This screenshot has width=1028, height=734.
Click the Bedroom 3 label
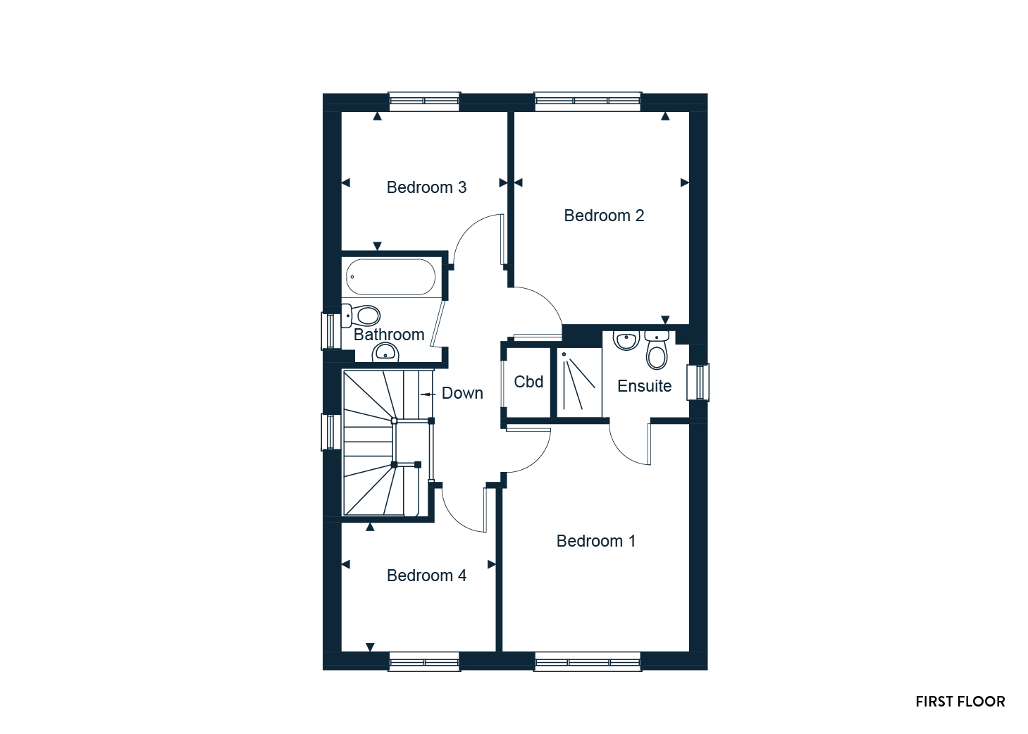pyautogui.click(x=426, y=187)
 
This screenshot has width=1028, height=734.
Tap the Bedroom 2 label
pyautogui.click(x=604, y=216)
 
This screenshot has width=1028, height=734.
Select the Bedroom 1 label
pyautogui.click(x=596, y=541)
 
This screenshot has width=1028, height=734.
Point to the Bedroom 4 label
pyautogui.click(x=426, y=576)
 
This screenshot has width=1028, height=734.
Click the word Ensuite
pyautogui.click(x=644, y=386)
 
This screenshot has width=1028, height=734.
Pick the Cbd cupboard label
pyautogui.click(x=528, y=382)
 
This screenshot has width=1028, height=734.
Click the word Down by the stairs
pyautogui.click(x=462, y=393)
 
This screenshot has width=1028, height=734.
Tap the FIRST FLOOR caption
pyautogui.click(x=960, y=702)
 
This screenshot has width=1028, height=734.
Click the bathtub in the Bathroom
pyautogui.click(x=390, y=277)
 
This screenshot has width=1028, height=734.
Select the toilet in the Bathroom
pyautogui.click(x=361, y=316)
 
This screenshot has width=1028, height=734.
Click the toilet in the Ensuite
pyautogui.click(x=657, y=350)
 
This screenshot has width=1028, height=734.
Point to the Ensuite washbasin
pyautogui.click(x=626, y=340)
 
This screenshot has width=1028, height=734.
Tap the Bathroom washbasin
pyautogui.click(x=385, y=353)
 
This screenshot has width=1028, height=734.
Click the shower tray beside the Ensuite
pyautogui.click(x=579, y=382)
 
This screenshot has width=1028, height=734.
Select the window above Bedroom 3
pyautogui.click(x=424, y=101)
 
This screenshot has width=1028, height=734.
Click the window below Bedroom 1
pyautogui.click(x=588, y=662)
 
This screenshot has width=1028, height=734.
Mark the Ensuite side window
pyautogui.click(x=698, y=382)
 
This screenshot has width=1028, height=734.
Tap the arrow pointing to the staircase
pyautogui.click(x=428, y=394)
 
